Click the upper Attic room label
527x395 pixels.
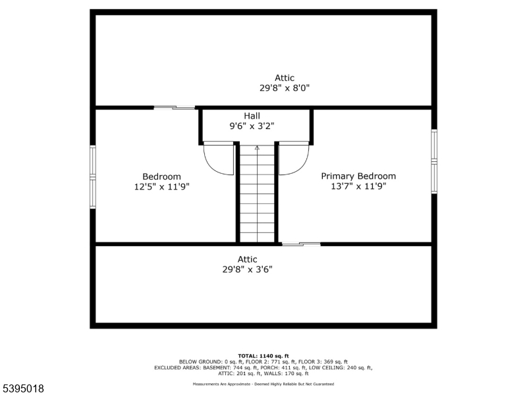pyautogui.click(x=285, y=78)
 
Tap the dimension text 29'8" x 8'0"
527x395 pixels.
pyautogui.click(x=285, y=88)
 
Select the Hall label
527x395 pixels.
pyautogui.click(x=252, y=116)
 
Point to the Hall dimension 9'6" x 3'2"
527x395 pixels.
pyautogui.click(x=252, y=126)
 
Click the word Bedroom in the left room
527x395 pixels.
pyautogui.click(x=161, y=176)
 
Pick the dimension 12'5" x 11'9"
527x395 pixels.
pyautogui.click(x=161, y=186)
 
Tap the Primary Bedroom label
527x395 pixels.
pyautogui.click(x=358, y=176)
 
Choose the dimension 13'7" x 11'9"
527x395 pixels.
pyautogui.click(x=358, y=186)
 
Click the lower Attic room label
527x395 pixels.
pyautogui.click(x=248, y=259)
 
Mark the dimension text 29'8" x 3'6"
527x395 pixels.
pyautogui.click(x=248, y=269)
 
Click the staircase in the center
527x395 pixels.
pyautogui.click(x=257, y=197)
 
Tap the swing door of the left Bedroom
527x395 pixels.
pyautogui.click(x=219, y=158)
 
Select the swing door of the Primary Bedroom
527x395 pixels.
pyautogui.click(x=294, y=158)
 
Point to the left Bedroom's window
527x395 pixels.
pyautogui.click(x=93, y=176)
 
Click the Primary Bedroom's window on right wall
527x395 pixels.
pyautogui.click(x=434, y=161)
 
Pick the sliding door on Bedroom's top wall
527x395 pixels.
pyautogui.click(x=175, y=107)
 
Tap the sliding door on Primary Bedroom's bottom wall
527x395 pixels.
pyautogui.click(x=301, y=245)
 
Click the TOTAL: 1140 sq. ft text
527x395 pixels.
pyautogui.click(x=263, y=355)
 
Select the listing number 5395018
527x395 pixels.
pyautogui.click(x=23, y=389)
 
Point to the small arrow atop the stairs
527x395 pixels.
pyautogui.click(x=257, y=148)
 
